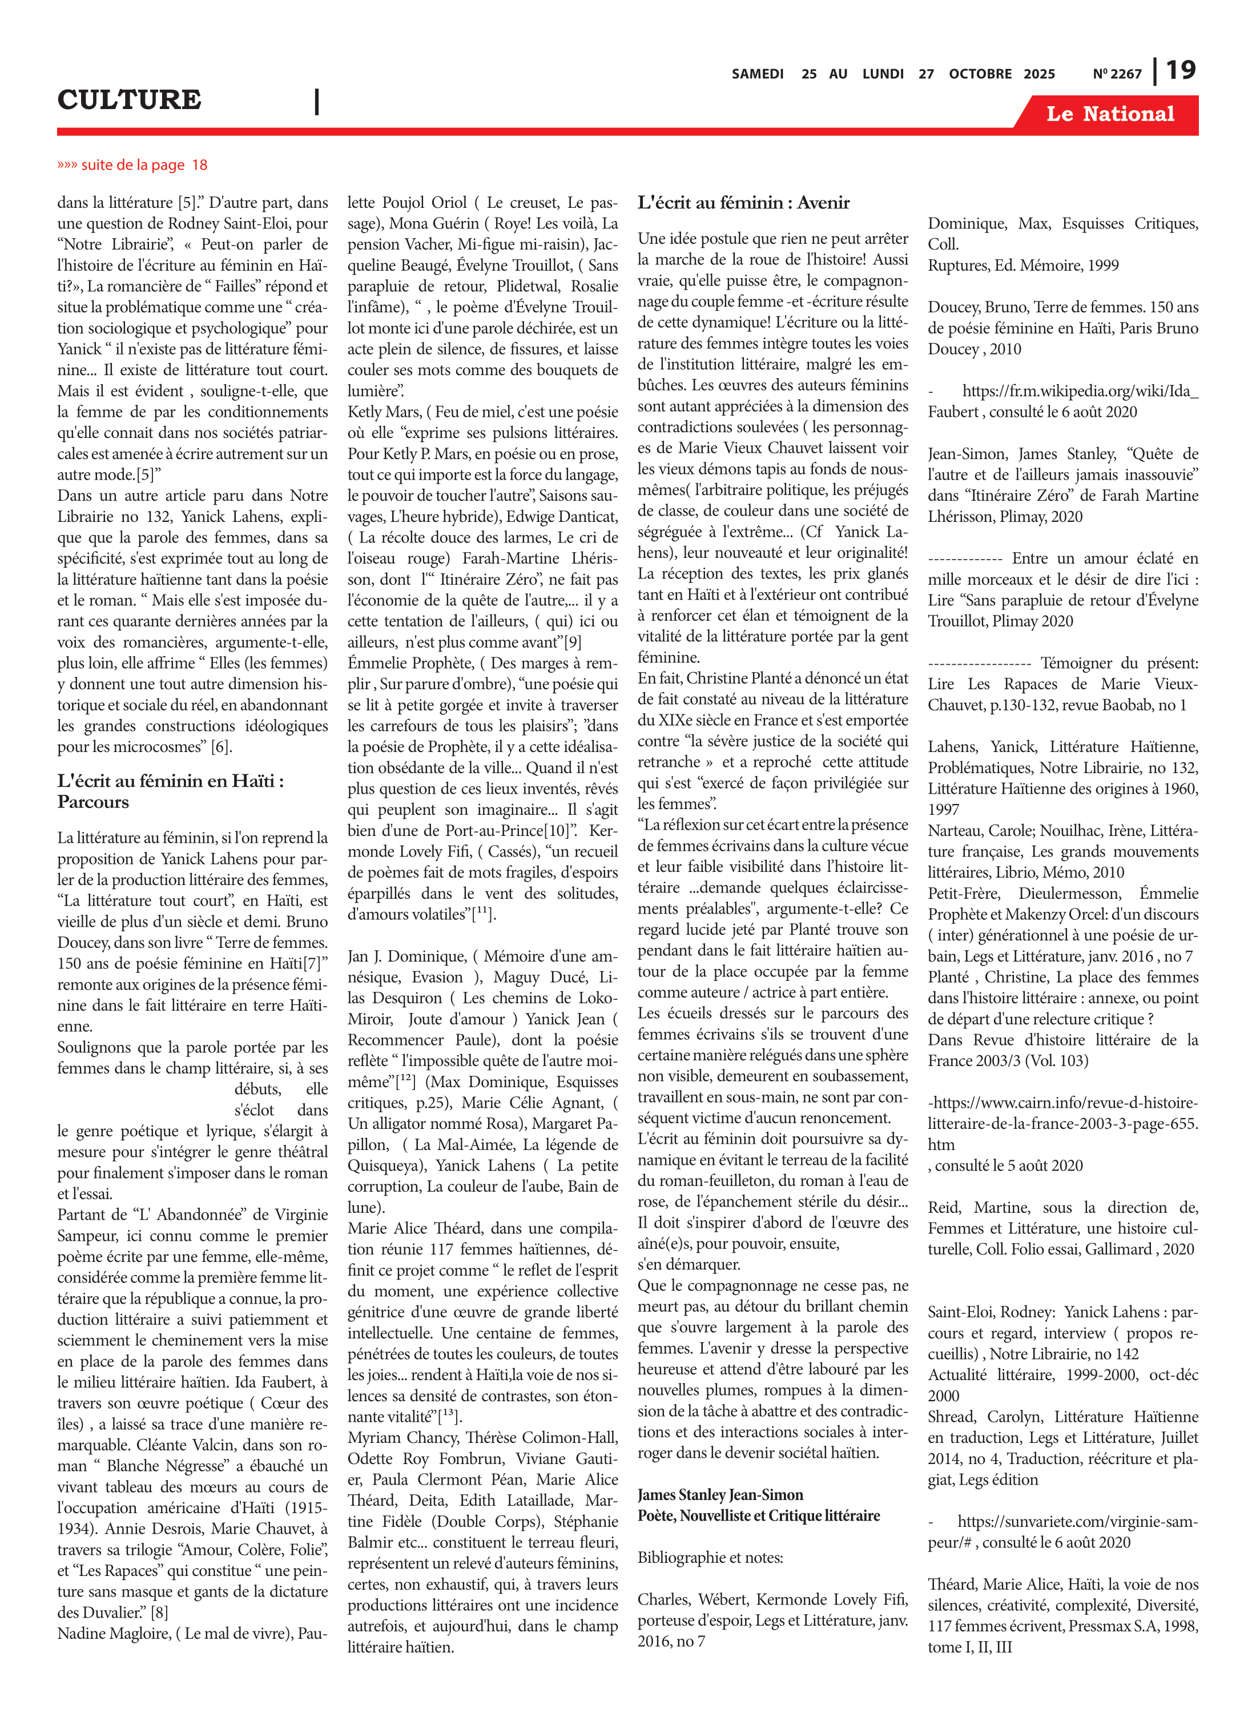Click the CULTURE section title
point(129,99)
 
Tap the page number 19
point(1181,71)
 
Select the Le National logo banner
point(1110,114)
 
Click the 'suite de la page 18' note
point(132,165)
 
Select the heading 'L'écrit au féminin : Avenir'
point(743,202)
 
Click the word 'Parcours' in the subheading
point(92,802)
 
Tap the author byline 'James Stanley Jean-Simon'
point(720,1495)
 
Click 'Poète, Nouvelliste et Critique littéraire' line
point(758,1515)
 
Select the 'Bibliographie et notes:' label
point(710,1557)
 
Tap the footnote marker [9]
point(571,642)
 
